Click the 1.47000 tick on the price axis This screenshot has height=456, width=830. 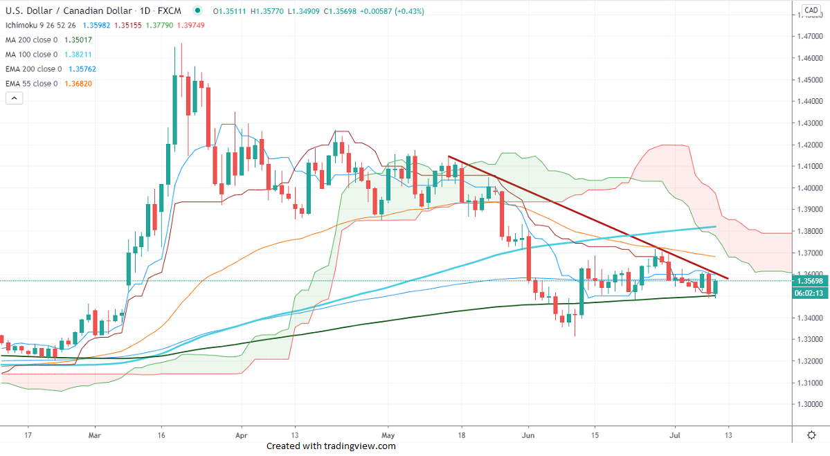[810, 36]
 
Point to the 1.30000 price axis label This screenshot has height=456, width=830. [810, 404]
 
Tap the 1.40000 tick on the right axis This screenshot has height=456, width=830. [810, 188]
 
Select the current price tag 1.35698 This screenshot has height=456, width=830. [810, 281]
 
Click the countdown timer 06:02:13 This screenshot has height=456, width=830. [810, 293]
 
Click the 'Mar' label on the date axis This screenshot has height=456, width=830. [96, 436]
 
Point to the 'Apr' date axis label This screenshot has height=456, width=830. [242, 436]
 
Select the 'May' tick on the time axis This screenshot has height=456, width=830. [388, 436]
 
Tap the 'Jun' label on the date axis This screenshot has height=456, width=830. [527, 436]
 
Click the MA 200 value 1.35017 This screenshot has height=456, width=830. [78, 40]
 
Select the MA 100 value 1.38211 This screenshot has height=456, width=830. [78, 55]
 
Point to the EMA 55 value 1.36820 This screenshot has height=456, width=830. [78, 84]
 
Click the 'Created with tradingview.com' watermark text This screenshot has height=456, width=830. [331, 446]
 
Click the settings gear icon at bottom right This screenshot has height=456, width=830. [811, 435]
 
